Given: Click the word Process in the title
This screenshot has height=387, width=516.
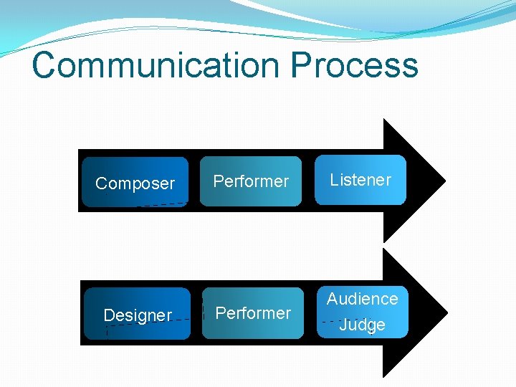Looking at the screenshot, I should point(354,64).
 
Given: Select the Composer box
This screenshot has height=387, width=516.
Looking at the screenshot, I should point(135,182).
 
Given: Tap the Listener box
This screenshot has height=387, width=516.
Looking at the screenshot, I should point(360,180).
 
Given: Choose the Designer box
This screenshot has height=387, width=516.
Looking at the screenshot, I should point(138,314).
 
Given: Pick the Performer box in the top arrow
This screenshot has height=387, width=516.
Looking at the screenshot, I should point(251,181).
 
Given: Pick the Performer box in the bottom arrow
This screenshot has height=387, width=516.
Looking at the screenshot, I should point(253,313).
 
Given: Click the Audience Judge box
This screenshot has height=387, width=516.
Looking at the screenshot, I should point(362,312).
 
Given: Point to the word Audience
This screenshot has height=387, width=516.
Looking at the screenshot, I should point(362,299).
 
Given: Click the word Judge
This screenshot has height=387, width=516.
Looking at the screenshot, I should point(362,325).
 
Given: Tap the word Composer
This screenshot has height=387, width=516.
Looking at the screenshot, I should point(135,183).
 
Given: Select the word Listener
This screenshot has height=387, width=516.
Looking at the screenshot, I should point(360,180).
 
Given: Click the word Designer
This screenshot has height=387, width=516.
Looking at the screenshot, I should point(138,315).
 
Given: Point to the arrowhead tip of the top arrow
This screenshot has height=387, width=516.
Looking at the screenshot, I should point(444,180).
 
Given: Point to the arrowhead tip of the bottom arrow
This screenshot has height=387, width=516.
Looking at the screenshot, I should point(446,312).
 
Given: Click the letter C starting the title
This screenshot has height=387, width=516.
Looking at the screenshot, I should point(44,64).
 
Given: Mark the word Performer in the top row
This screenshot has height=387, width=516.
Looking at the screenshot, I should point(251,181).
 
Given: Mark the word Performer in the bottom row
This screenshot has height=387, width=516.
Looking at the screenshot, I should point(253,313).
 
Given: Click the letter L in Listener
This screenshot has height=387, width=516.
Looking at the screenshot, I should point(333,180).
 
